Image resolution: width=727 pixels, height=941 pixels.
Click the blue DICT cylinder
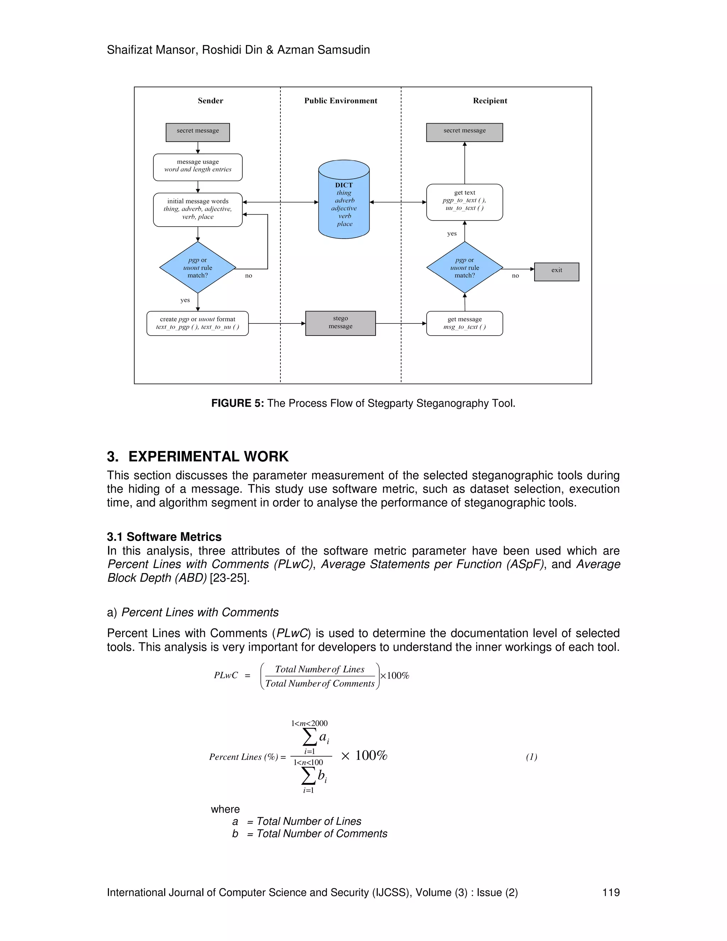[344, 200]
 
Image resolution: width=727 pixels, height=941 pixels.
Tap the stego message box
[340, 323]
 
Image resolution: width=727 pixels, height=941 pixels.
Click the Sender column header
[210, 101]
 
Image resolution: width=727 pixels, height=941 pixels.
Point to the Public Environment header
[340, 101]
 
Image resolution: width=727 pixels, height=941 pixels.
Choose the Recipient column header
[490, 101]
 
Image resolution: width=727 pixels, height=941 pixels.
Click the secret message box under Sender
[198, 132]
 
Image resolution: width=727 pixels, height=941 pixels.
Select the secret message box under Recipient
[464, 132]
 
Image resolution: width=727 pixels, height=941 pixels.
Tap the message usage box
[198, 167]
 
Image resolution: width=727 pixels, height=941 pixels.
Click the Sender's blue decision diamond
[198, 267]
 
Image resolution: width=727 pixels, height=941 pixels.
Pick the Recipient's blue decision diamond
[464, 267]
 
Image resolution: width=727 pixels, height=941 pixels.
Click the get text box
[464, 202]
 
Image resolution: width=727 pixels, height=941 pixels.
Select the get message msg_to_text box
[464, 323]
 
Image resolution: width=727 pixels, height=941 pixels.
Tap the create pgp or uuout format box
[198, 323]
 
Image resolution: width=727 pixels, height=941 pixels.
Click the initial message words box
[198, 210]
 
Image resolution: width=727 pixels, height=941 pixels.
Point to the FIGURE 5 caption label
[237, 403]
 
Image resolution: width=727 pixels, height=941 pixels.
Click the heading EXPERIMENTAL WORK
[208, 456]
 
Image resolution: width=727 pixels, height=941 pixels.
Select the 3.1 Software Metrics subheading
[164, 537]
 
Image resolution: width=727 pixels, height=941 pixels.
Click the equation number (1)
[531, 757]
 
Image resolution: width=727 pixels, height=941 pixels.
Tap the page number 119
[610, 892]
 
